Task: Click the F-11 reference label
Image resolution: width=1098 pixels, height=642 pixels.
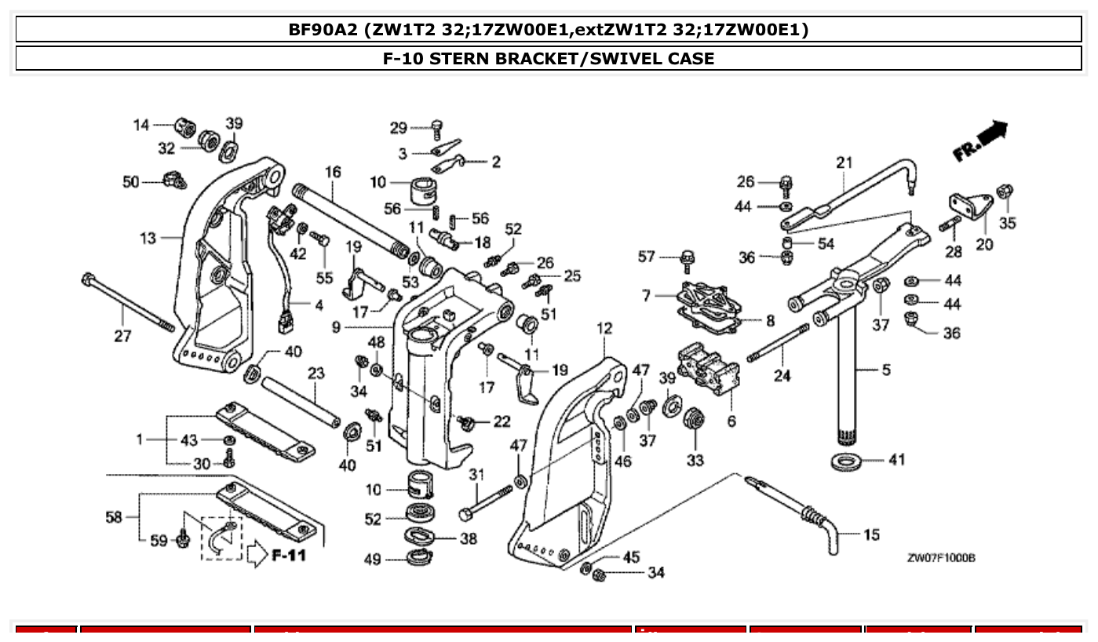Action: [289, 556]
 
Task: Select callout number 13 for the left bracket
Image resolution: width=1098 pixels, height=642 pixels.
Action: [148, 238]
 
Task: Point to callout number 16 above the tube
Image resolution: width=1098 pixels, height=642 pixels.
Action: [333, 171]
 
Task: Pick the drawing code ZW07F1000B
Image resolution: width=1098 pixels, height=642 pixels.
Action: [941, 558]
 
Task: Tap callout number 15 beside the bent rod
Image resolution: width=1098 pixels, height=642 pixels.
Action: [871, 535]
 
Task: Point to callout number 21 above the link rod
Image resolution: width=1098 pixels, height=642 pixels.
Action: [844, 162]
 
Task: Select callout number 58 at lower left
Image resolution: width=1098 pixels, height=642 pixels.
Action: [115, 516]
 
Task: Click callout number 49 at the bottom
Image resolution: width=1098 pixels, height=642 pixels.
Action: [372, 560]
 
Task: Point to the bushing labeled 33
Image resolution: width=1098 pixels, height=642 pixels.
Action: [694, 418]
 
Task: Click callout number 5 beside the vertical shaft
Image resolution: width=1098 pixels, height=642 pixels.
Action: [886, 370]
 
